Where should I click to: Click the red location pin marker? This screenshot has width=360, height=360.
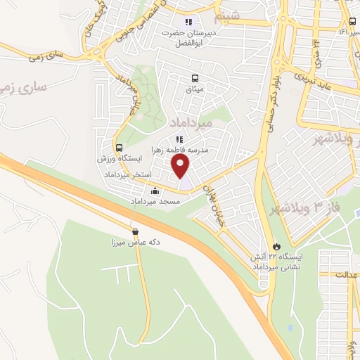(x=181, y=166)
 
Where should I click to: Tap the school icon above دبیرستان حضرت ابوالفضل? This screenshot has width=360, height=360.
(x=188, y=21)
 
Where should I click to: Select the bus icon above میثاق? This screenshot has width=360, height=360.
(x=195, y=78)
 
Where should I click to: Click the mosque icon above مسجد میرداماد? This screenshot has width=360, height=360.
(x=155, y=191)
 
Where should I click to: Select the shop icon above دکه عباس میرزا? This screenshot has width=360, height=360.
(x=135, y=231)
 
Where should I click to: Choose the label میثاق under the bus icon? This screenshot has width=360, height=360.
(x=194, y=89)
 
